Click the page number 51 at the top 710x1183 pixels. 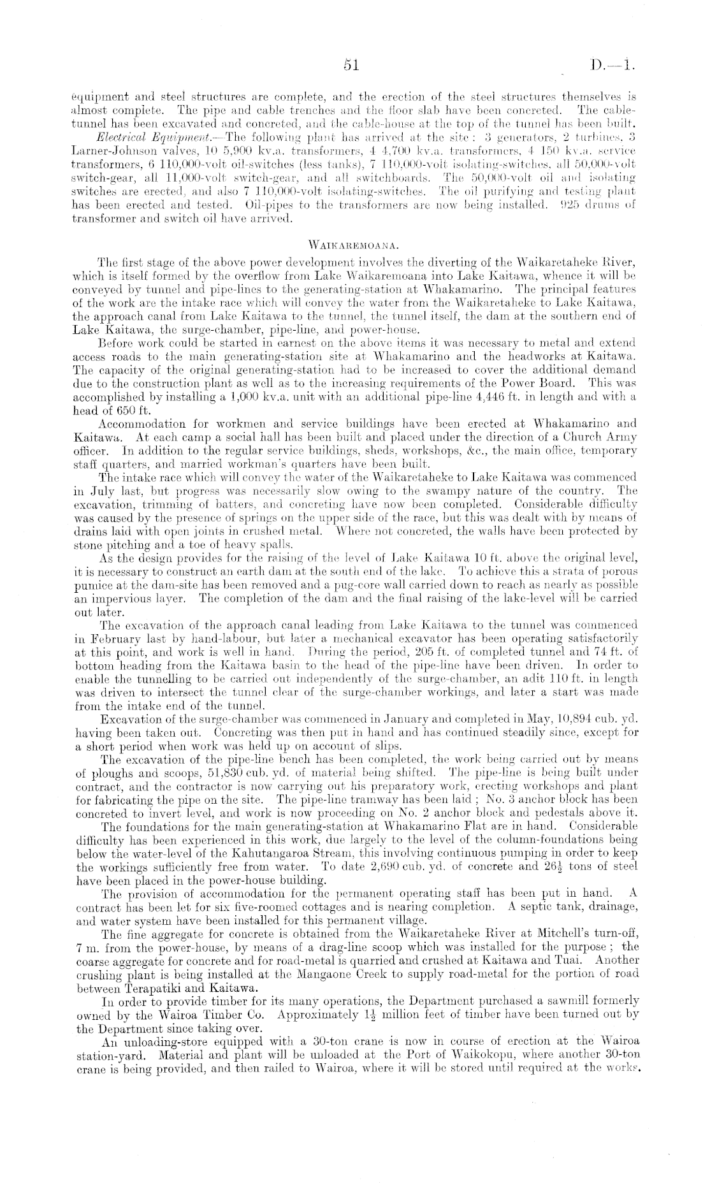(x=352, y=64)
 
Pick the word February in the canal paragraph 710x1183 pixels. (x=110, y=638)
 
